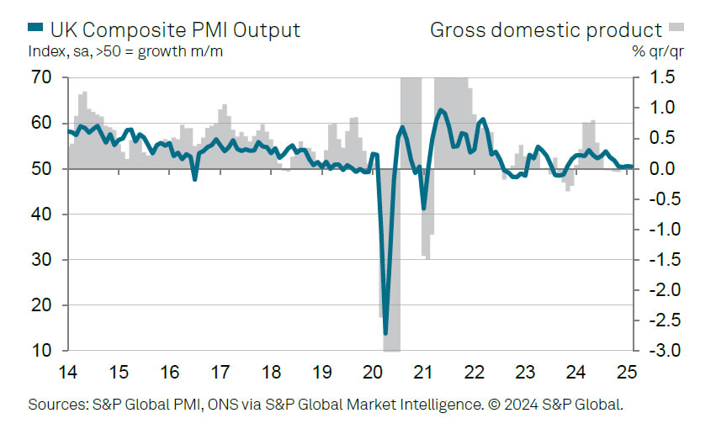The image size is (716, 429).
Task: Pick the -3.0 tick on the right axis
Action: pos(661,350)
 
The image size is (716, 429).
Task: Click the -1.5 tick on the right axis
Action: pos(661,259)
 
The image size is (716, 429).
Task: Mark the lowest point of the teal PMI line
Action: pos(385,333)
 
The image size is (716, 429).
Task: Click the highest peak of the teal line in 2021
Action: pos(440,110)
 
